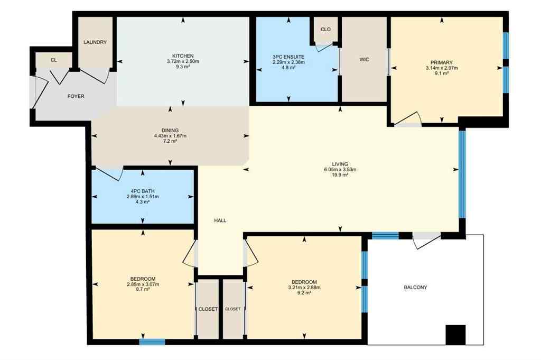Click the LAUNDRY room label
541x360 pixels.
click(x=95, y=42)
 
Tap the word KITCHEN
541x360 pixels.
click(x=183, y=56)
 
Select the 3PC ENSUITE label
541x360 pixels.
click(x=288, y=57)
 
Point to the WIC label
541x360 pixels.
click(x=364, y=60)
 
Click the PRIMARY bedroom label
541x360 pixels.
click(x=441, y=62)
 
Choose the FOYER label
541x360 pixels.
click(x=76, y=96)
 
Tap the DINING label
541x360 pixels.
click(x=170, y=130)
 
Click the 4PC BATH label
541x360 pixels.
click(x=143, y=190)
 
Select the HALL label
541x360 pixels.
click(x=220, y=220)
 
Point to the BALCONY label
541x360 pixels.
click(x=415, y=288)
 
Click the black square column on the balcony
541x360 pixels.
click(x=455, y=335)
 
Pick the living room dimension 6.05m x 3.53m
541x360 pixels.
click(x=340, y=170)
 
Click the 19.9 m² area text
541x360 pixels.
click(x=340, y=176)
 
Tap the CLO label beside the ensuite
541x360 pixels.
click(x=325, y=29)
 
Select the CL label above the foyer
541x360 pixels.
click(x=53, y=60)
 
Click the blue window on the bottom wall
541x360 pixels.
click(x=152, y=342)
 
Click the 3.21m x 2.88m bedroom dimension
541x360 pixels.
click(x=304, y=288)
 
